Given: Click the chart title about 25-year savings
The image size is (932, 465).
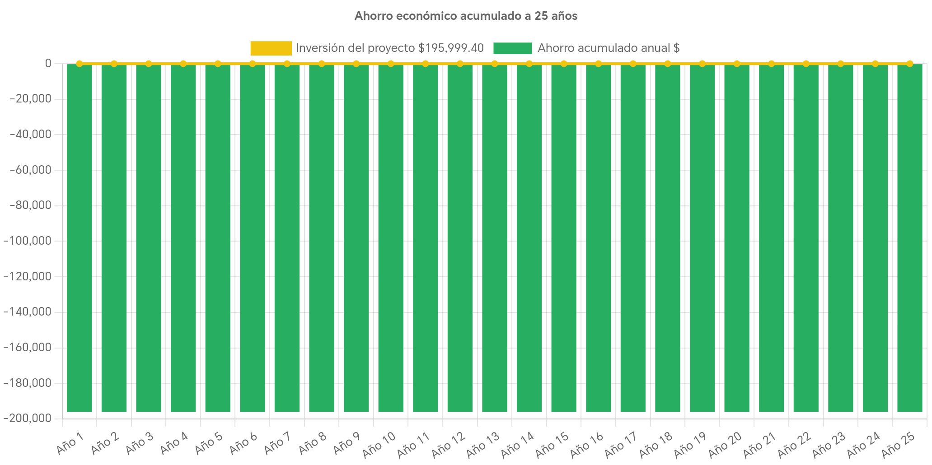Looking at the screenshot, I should tap(466, 16).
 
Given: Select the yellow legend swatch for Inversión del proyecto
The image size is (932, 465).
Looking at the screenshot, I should tap(271, 48).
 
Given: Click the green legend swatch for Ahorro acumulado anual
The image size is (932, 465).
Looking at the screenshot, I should tap(512, 48).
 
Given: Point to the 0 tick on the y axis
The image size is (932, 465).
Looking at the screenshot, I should tap(48, 63).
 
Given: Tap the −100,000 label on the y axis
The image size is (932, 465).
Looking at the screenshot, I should tap(27, 241).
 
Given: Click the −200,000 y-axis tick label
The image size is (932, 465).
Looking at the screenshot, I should tap(27, 418).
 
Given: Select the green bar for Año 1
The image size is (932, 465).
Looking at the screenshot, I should tap(80, 238).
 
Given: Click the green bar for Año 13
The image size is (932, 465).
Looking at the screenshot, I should tap(495, 238).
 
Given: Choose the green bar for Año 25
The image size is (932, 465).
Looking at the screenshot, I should tap(909, 238).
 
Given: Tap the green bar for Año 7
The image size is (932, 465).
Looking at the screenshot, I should tap(287, 238).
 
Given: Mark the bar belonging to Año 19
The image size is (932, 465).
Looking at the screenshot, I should tap(702, 238).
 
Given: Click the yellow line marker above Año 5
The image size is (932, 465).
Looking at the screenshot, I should tap(218, 64).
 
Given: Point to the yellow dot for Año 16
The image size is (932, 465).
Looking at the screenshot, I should tap(598, 64).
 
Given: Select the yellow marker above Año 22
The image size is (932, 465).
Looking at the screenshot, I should tap(806, 64).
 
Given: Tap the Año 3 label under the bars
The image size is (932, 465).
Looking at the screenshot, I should tap(139, 444).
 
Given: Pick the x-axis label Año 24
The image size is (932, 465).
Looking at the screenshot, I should tap(863, 444).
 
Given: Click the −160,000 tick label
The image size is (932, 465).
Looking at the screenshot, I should tap(27, 347).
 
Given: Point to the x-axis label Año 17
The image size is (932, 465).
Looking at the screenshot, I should tap(621, 444).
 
